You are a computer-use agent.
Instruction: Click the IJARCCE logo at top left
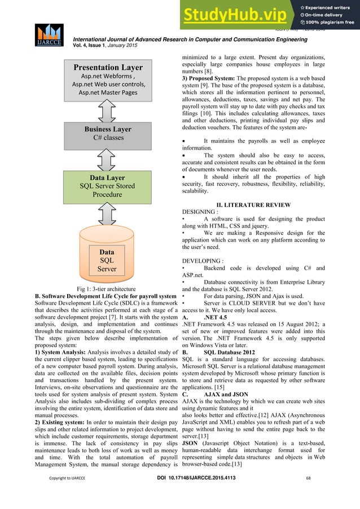[x=50, y=37]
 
